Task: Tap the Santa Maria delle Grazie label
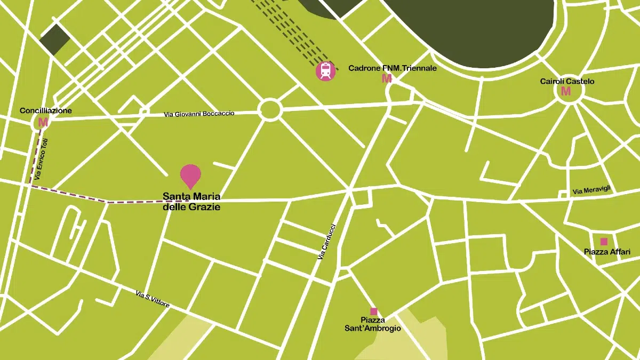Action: (191, 201)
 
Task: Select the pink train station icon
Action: (325, 71)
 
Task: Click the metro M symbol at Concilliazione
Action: (43, 122)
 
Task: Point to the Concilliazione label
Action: (46, 110)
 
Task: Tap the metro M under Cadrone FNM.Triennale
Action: (387, 79)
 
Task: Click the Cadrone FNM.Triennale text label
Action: (392, 68)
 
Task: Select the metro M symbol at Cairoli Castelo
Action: (566, 91)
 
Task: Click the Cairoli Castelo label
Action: (567, 81)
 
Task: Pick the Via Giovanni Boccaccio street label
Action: (199, 114)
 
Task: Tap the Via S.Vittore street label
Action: (153, 299)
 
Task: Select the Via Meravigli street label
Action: (591, 190)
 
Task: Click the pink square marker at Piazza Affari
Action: (604, 241)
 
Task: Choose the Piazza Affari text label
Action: (603, 252)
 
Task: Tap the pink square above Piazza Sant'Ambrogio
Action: (373, 311)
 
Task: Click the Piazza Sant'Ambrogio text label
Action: (373, 324)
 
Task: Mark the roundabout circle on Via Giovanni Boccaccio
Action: (269, 110)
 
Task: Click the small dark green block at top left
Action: (54, 39)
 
